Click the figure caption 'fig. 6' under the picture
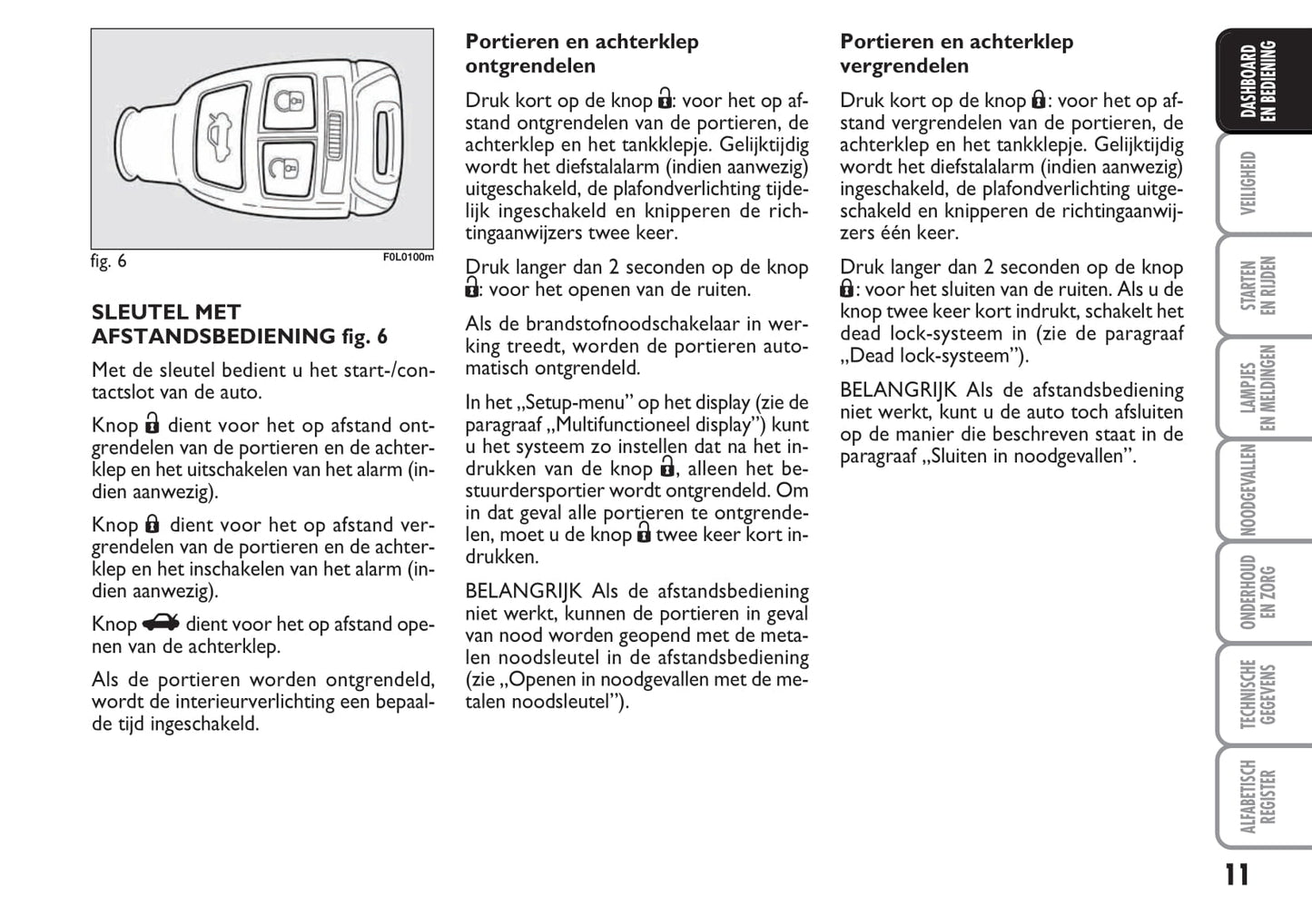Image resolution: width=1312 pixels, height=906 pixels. coord(109,261)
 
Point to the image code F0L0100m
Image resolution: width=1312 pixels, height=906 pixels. coord(408,258)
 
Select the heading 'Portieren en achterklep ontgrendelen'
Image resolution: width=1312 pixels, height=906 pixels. coord(582,54)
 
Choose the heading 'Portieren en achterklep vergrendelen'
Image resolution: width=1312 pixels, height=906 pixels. coord(956,54)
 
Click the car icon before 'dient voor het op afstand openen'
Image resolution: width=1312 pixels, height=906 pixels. coord(161,623)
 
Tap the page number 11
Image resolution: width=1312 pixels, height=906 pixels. coord(1236,875)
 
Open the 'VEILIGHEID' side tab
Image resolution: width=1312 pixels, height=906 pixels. coord(1248,182)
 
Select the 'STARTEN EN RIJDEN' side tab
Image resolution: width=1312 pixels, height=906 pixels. coord(1258,285)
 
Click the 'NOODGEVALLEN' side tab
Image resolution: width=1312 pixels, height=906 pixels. coord(1248,490)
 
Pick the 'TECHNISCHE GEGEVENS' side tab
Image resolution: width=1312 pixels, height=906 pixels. coord(1258,694)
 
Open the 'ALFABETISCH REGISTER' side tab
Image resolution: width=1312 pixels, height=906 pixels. coord(1258,796)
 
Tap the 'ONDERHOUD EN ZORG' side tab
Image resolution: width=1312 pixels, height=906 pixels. coord(1258,592)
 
